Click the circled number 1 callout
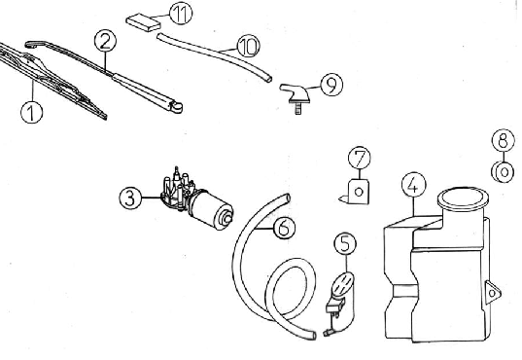pyautogui.click(x=32, y=112)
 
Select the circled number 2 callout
pyautogui.click(x=105, y=41)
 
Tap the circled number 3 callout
pyautogui.click(x=130, y=198)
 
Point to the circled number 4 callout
pyautogui.click(x=413, y=185)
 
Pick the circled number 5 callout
pyautogui.click(x=345, y=243)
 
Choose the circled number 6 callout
pyautogui.click(x=284, y=228)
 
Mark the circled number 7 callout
pyautogui.click(x=360, y=158)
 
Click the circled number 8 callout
pyautogui.click(x=503, y=140)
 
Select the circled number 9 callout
pyautogui.click(x=331, y=85)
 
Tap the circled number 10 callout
pyautogui.click(x=248, y=46)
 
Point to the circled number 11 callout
pyautogui.click(x=181, y=14)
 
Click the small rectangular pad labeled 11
pyautogui.click(x=144, y=22)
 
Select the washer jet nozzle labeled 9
pyautogui.click(x=295, y=93)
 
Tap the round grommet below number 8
pyautogui.click(x=503, y=172)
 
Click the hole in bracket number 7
pyautogui.click(x=359, y=192)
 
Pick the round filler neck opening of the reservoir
pyautogui.click(x=463, y=199)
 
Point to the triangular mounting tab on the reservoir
pyautogui.click(x=493, y=292)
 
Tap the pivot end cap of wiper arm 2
pyautogui.click(x=176, y=107)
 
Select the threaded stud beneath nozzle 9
pyautogui.click(x=297, y=108)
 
